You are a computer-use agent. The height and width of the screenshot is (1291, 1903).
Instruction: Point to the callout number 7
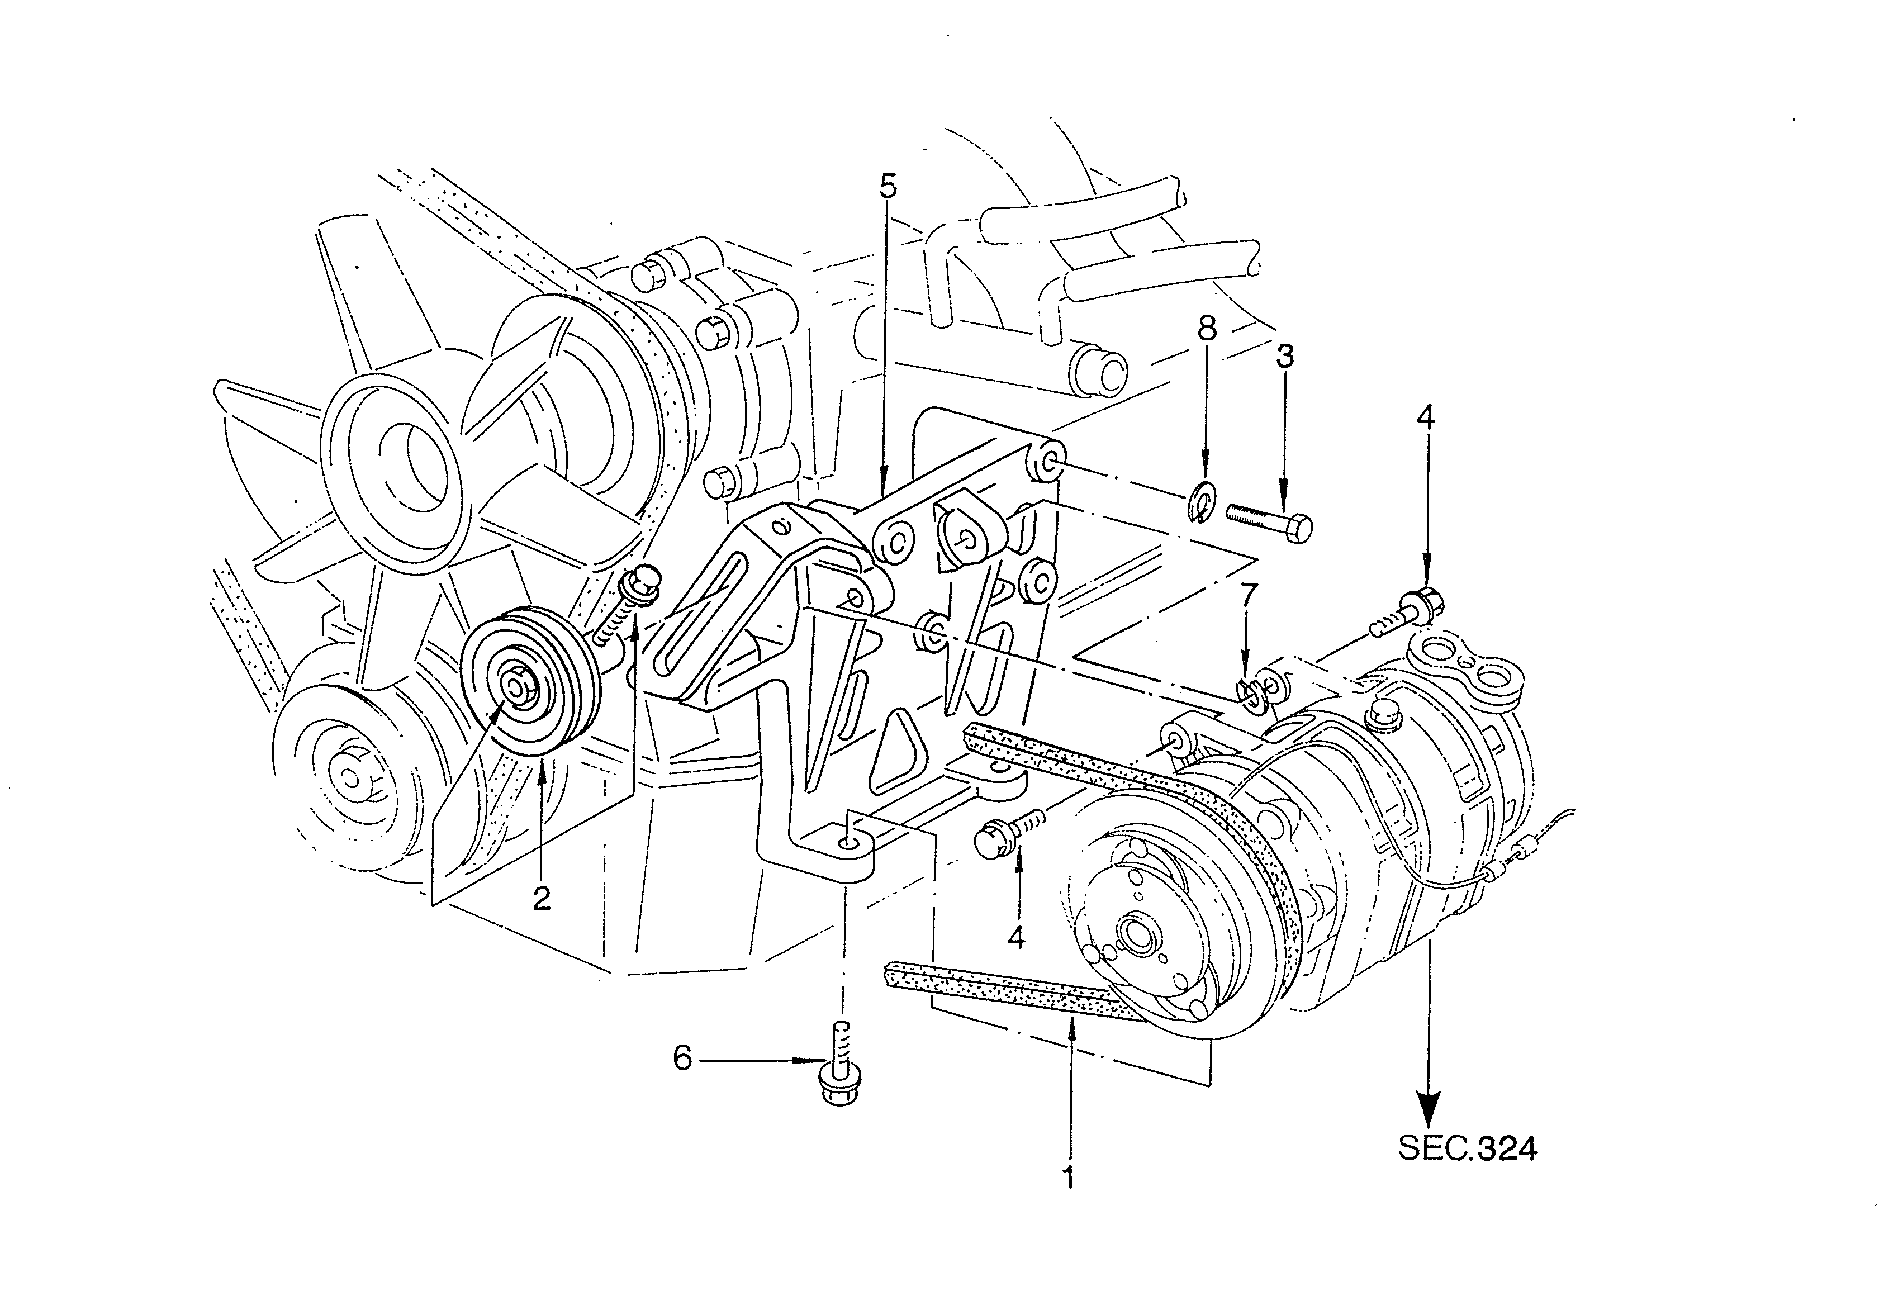point(1247,596)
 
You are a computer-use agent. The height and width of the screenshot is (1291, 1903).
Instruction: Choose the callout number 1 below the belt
point(1068,1177)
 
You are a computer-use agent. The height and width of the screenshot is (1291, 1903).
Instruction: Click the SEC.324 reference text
point(1468,1148)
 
